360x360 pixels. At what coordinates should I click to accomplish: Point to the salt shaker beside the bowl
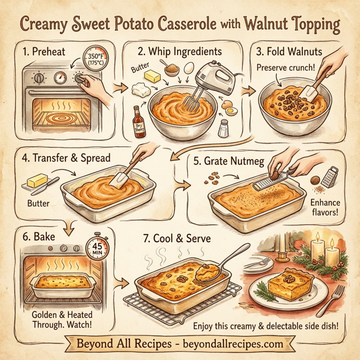pos(223,128)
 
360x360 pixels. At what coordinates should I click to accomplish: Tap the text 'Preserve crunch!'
pos(286,67)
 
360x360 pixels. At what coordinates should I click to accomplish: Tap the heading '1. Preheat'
pos(42,52)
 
